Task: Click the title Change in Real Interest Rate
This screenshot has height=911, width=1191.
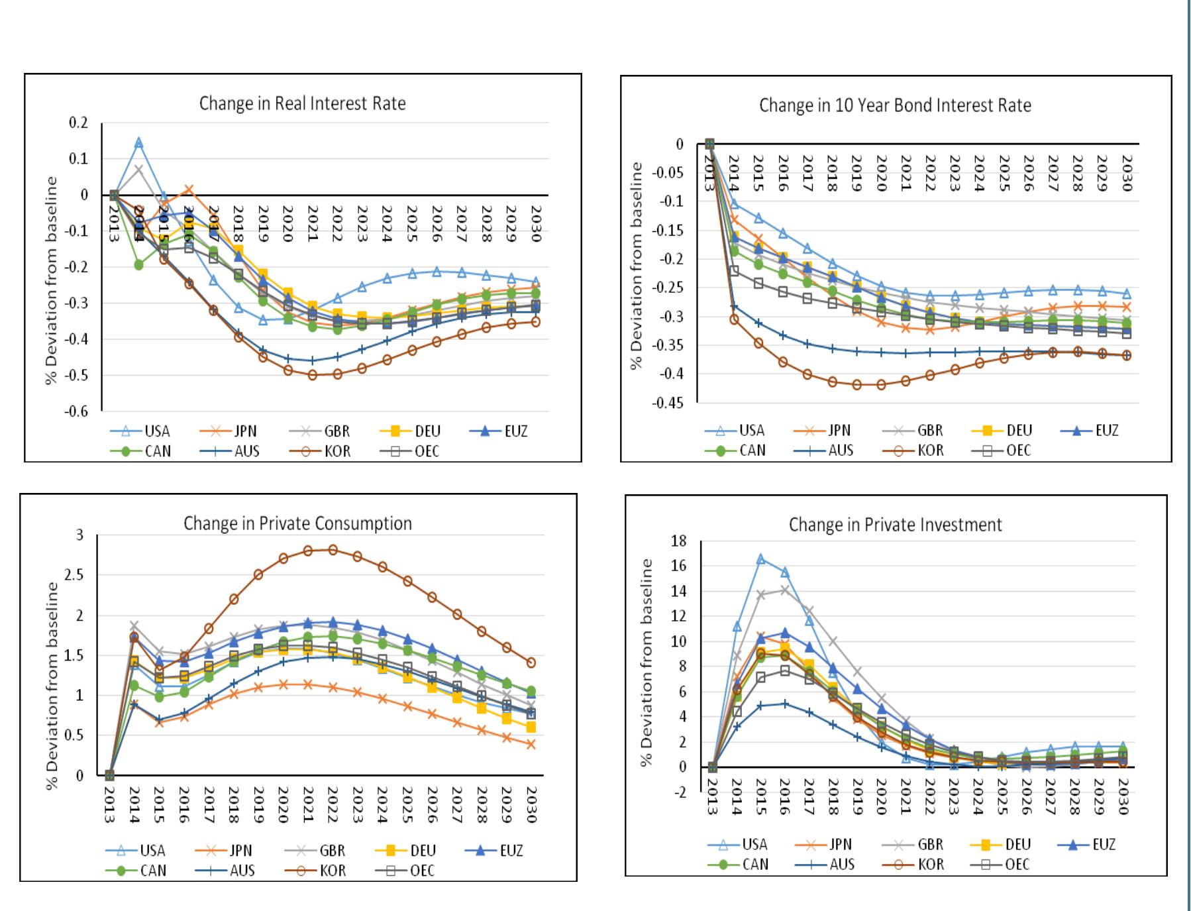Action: tap(302, 104)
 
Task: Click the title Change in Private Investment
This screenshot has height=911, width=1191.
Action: tap(895, 525)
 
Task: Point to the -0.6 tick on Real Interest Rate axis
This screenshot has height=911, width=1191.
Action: tap(76, 411)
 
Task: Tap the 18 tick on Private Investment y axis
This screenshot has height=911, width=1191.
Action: tap(679, 541)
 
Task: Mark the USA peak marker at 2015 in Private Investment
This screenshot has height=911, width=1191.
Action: tap(760, 559)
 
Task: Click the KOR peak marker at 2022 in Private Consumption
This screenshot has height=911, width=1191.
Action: tap(333, 549)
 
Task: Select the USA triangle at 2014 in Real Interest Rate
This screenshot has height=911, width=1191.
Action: tap(138, 142)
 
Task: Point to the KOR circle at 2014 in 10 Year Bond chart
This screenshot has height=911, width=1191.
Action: tap(734, 319)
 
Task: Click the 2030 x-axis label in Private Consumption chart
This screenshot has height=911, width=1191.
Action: tap(531, 804)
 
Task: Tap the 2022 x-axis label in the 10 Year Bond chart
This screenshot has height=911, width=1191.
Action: tap(930, 173)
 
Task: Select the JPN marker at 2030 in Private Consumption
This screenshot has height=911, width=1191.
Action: tap(531, 745)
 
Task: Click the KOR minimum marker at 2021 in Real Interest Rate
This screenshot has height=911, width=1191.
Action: tap(312, 375)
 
